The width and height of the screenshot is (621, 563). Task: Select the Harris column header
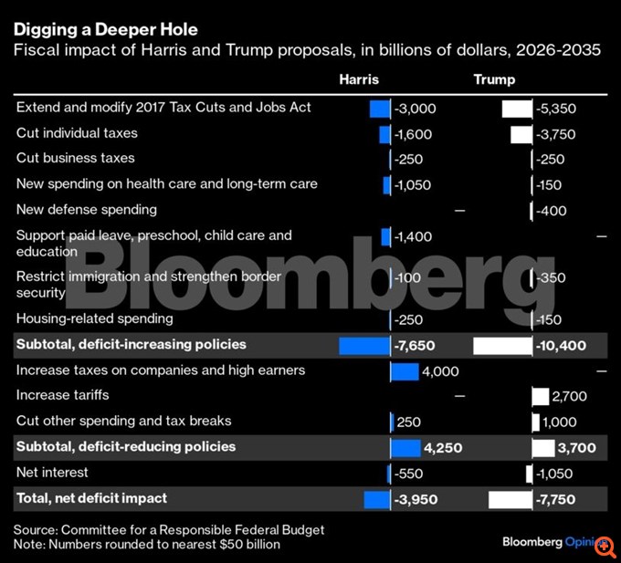358,80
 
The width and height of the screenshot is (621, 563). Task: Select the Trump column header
494,80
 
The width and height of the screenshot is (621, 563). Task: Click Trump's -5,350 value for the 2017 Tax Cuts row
558,109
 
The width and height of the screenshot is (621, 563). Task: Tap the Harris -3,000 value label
416,109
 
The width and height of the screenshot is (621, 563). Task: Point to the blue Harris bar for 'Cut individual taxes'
384,134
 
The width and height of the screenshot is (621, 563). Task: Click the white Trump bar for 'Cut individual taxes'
521,134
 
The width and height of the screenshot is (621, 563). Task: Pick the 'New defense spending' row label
87,210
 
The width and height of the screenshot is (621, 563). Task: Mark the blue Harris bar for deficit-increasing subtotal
364,346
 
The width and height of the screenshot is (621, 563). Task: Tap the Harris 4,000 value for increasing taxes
440,371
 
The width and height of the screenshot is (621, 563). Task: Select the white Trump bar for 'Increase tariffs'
540,396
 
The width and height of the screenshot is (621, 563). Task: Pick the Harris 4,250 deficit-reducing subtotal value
443,447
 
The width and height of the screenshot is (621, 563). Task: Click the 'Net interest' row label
53,473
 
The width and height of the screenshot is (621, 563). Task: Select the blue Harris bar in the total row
376,499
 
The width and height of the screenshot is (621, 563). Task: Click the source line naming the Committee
169,530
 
